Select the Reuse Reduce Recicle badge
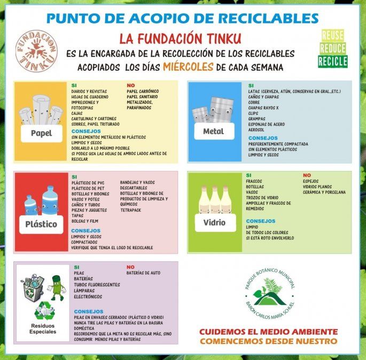(x=332, y=49)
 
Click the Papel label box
(x=41, y=133)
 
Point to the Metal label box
(x=213, y=131)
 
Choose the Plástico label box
(x=41, y=224)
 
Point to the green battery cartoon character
(x=57, y=287)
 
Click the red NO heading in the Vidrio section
(x=307, y=175)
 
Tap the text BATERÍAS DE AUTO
(x=143, y=273)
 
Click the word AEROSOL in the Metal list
(x=257, y=129)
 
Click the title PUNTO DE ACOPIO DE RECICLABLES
(x=183, y=18)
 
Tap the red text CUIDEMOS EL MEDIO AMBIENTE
(x=268, y=331)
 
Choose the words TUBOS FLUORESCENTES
(x=97, y=285)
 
